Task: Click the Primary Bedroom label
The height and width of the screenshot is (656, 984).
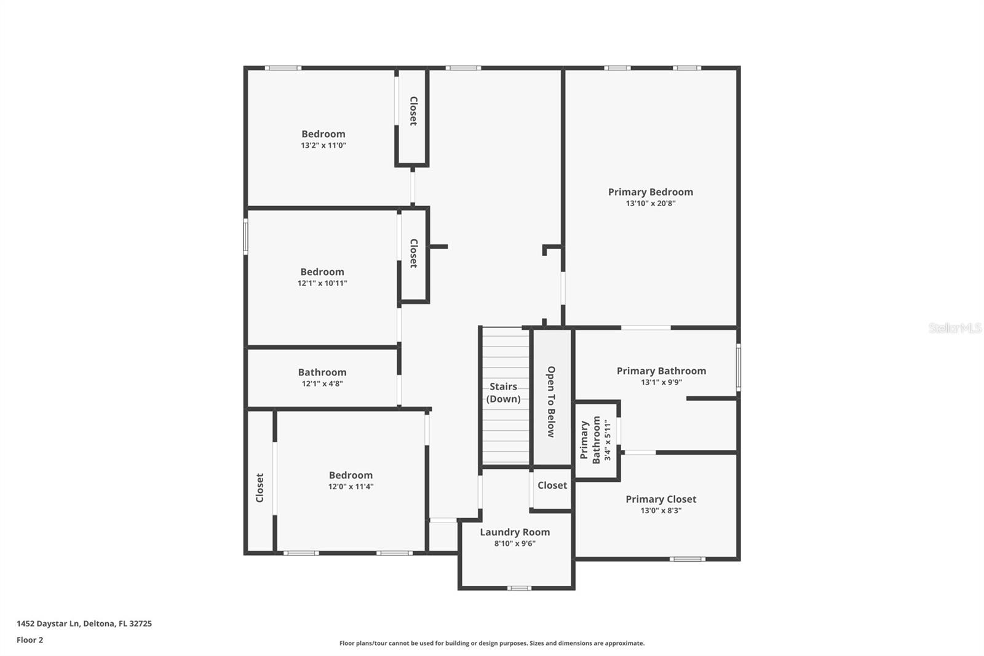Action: click(x=650, y=192)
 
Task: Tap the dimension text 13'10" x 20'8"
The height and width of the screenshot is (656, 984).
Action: click(x=650, y=204)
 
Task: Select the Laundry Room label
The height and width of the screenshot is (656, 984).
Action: click(x=515, y=532)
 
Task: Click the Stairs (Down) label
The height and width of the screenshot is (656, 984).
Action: click(x=503, y=393)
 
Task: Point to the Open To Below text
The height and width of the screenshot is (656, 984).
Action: click(x=551, y=402)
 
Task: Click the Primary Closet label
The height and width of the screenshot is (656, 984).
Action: click(x=661, y=499)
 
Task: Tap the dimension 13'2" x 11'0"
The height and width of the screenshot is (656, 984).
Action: click(x=323, y=146)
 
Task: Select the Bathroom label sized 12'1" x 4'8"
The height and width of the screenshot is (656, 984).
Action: click(x=322, y=372)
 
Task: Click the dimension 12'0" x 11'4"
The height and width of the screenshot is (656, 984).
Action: click(x=351, y=487)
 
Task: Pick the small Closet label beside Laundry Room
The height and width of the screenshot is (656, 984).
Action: click(x=552, y=486)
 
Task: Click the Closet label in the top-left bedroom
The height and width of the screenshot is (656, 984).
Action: click(x=413, y=111)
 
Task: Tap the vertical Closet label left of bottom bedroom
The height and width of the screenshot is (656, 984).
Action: click(x=260, y=487)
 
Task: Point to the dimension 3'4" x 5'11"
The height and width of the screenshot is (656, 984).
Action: click(x=608, y=440)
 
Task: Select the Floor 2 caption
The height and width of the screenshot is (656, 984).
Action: click(x=30, y=640)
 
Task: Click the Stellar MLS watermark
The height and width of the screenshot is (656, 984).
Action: click(x=954, y=328)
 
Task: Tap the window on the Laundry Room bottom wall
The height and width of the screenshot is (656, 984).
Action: click(x=519, y=588)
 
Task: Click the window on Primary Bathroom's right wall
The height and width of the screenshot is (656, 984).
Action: click(x=738, y=367)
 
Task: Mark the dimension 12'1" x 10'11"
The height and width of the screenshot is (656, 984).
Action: click(x=322, y=284)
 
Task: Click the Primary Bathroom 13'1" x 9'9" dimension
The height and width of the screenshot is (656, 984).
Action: click(x=661, y=382)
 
